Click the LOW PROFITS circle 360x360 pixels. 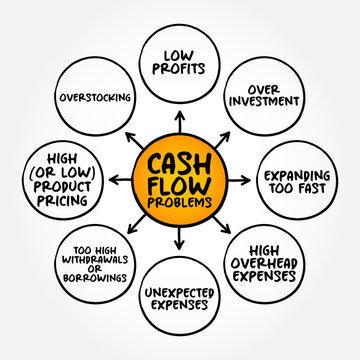click(x=181, y=61)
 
